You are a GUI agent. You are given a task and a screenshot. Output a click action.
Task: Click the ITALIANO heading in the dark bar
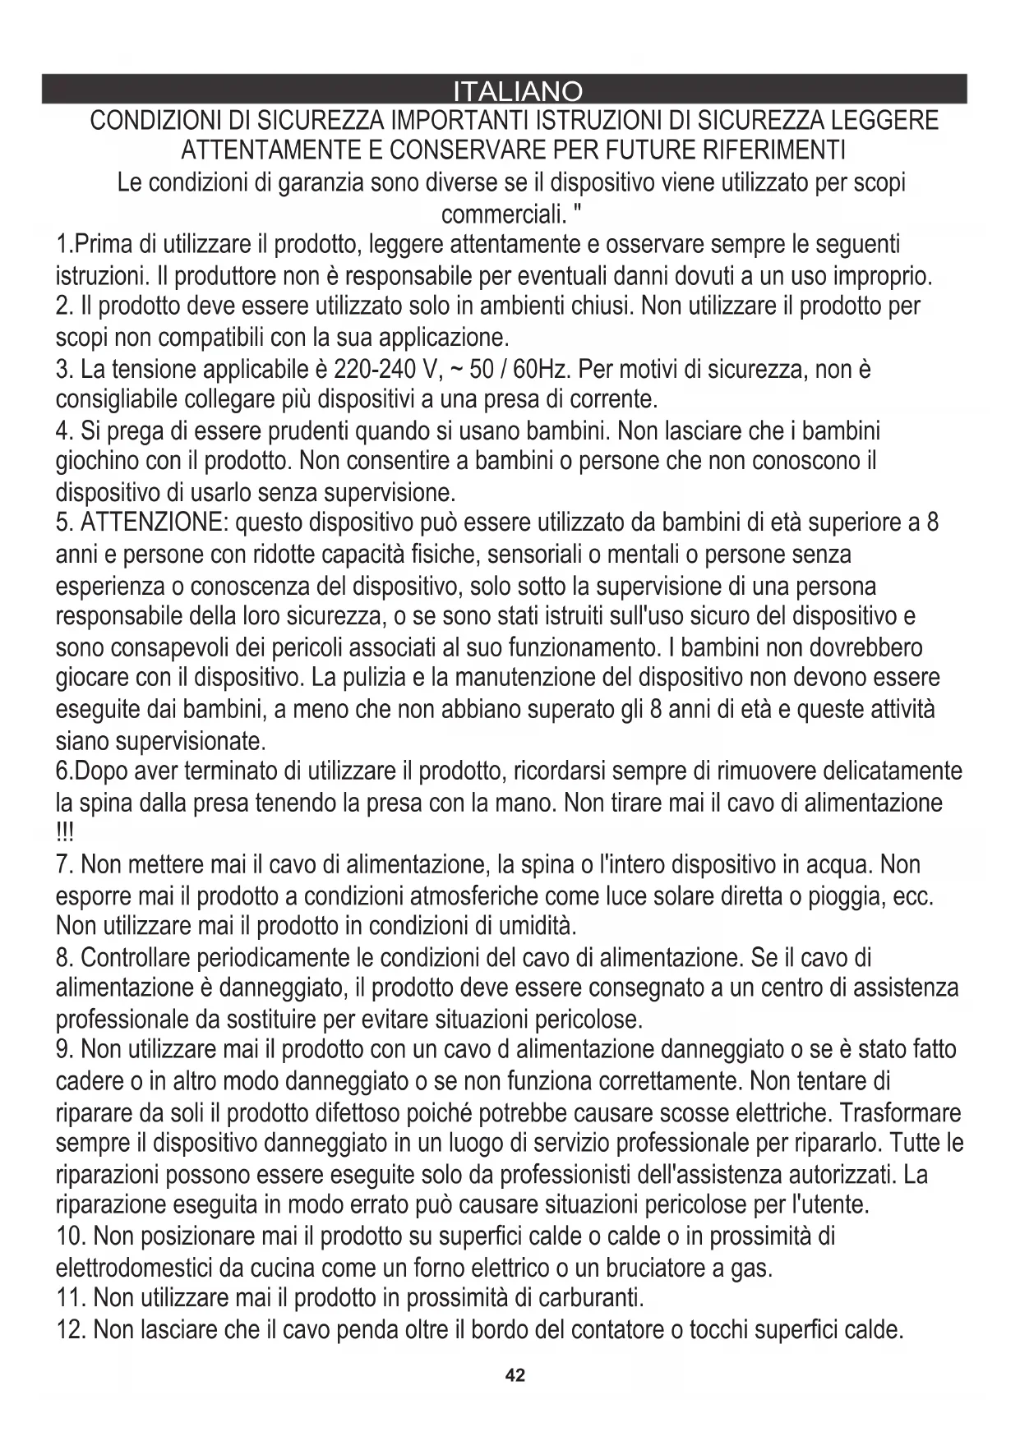(518, 90)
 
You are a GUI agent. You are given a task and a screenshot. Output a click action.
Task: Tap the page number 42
(515, 1375)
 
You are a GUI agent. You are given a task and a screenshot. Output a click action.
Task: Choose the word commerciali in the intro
(502, 214)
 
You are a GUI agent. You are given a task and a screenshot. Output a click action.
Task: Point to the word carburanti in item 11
(589, 1299)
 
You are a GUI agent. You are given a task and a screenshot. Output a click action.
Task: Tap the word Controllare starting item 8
(146, 958)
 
